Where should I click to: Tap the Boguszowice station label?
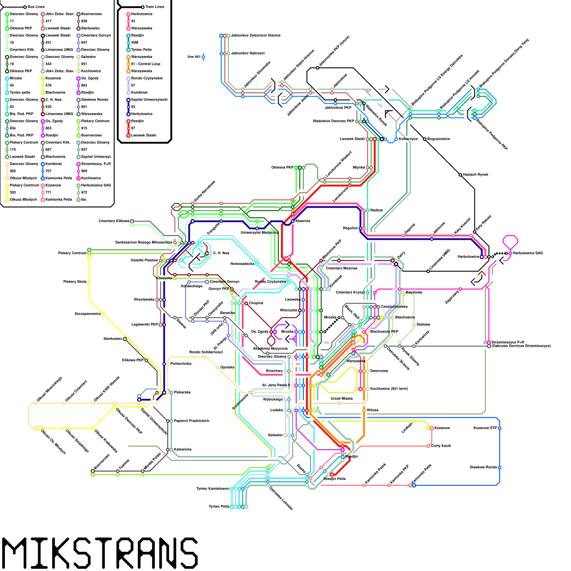[x=439, y=139]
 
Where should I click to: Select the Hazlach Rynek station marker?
[x=460, y=175]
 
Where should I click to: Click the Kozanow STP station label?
[x=485, y=428]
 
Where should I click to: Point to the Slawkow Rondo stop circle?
[x=500, y=468]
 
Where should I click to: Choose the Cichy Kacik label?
[x=441, y=446]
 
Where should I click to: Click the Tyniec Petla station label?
[x=219, y=506]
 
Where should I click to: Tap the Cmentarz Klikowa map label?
[x=114, y=221]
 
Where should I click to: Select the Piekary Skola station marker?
[x=89, y=282]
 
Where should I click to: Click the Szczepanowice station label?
[x=88, y=314]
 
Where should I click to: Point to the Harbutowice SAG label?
[x=528, y=253]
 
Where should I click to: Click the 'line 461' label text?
[x=194, y=57]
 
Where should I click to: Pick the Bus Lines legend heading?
[x=36, y=7]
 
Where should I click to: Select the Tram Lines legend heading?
[x=155, y=7]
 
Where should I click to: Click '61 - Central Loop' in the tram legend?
[x=146, y=64]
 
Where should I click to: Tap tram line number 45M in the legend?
[x=135, y=42]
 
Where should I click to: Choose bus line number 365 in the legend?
[x=13, y=171]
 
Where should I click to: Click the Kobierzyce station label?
[x=408, y=139]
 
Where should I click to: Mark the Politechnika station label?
[x=181, y=364]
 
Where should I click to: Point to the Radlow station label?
[x=377, y=210]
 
